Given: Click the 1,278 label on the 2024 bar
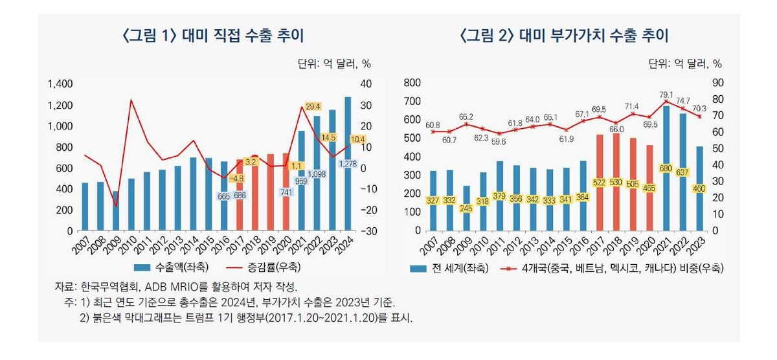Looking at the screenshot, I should (x=347, y=165).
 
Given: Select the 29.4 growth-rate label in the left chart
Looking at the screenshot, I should (x=313, y=106).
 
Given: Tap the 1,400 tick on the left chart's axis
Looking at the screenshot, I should (x=60, y=84).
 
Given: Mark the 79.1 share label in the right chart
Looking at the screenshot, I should (x=664, y=95).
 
